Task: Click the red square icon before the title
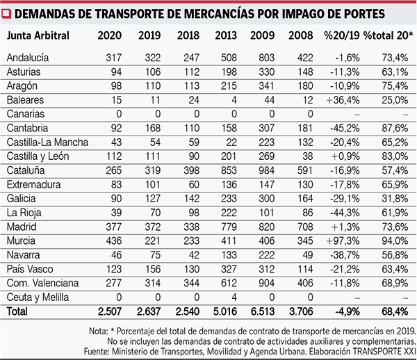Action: (7, 13)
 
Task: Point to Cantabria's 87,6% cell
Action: (394, 129)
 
